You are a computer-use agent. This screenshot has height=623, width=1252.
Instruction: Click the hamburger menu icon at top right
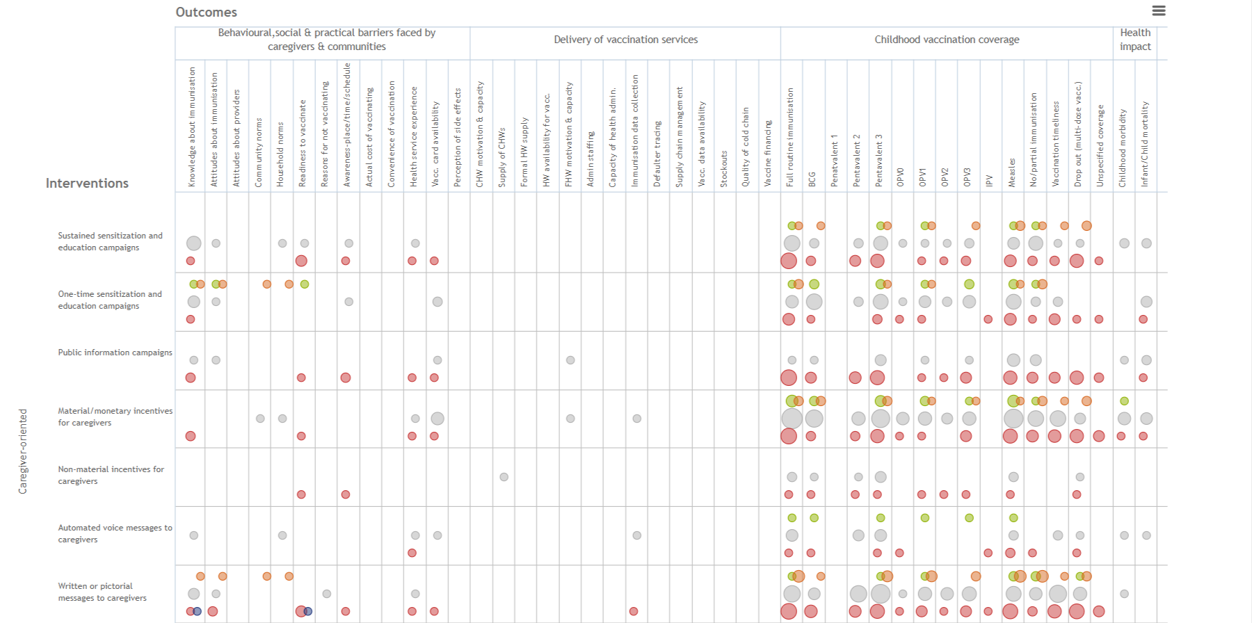tap(1159, 10)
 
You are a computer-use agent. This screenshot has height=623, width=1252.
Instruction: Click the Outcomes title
tap(206, 12)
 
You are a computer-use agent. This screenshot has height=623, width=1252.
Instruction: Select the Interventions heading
tap(87, 183)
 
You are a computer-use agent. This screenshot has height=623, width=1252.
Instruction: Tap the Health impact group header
tap(1135, 40)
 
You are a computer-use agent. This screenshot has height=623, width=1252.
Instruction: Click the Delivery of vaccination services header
tap(625, 40)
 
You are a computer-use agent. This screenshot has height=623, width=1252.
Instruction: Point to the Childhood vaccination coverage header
tap(947, 40)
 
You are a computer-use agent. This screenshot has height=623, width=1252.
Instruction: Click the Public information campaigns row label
tap(115, 353)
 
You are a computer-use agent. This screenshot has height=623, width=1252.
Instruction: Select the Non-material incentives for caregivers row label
tap(111, 475)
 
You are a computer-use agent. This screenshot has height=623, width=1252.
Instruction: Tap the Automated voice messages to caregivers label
tap(115, 533)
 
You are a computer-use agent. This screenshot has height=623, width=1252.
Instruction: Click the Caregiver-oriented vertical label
tap(23, 451)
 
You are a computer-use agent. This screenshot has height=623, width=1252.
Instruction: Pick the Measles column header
tap(1012, 172)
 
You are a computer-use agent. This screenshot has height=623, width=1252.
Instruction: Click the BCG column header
tap(812, 179)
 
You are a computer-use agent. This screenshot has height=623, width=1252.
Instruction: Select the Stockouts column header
tap(723, 169)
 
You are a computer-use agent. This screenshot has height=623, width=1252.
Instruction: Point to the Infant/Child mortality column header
tap(1145, 145)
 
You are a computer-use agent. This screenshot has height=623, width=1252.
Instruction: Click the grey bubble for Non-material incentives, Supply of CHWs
tap(504, 477)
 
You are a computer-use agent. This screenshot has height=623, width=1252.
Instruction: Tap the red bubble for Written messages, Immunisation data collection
tap(634, 611)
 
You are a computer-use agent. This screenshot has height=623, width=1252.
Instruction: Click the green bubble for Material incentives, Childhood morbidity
tap(1124, 401)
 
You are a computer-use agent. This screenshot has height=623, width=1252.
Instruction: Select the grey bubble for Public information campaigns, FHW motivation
tap(570, 360)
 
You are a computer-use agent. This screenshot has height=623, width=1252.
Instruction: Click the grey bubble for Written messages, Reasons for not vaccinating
tap(327, 594)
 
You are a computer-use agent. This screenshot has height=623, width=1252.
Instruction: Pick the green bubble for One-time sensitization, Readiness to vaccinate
tap(305, 284)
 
